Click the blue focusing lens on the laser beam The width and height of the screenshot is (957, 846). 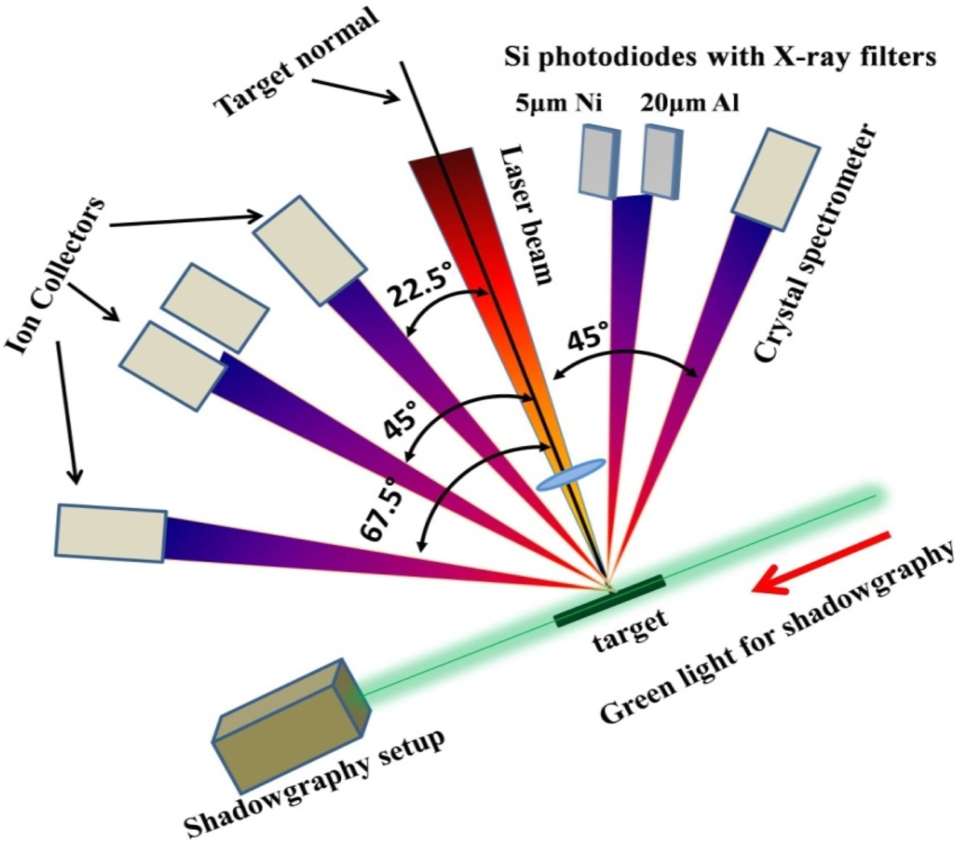(x=571, y=474)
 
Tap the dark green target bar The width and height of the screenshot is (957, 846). (x=610, y=601)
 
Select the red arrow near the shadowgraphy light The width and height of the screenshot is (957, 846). (x=821, y=562)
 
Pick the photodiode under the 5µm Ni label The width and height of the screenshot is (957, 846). (x=599, y=161)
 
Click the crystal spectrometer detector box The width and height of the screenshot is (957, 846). (x=776, y=180)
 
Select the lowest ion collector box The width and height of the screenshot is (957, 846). (x=111, y=534)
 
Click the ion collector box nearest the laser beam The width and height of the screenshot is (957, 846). (x=310, y=250)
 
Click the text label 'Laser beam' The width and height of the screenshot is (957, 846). (x=526, y=215)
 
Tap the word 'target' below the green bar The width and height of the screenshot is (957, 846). (x=630, y=631)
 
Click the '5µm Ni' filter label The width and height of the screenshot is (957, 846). (x=559, y=103)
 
